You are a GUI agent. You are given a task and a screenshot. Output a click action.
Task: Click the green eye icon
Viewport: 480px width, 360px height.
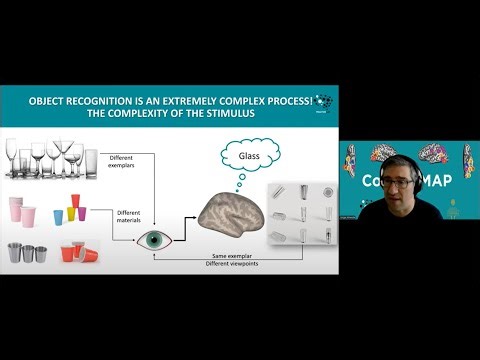(153, 240)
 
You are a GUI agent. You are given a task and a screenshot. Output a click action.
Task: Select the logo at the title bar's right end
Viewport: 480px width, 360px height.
(322, 102)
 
